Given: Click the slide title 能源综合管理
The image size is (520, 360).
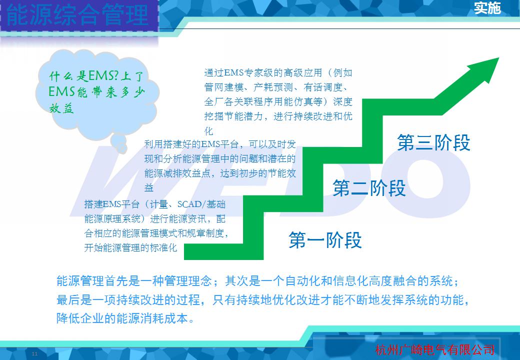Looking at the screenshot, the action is [77, 15].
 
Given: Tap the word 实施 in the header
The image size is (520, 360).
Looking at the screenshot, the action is [487, 8].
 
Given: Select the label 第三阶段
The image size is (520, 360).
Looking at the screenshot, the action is [434, 143].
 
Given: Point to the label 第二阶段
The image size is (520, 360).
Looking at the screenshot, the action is [369, 188].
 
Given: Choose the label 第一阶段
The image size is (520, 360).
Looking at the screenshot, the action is [325, 239].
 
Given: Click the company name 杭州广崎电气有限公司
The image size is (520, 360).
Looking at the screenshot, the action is [435, 350].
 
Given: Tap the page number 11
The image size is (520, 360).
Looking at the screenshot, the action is [34, 354].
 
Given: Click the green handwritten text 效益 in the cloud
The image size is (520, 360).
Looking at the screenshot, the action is [61, 108].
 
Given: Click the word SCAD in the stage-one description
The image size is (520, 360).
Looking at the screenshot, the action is [189, 204].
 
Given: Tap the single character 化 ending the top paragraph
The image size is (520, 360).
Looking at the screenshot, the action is [208, 131].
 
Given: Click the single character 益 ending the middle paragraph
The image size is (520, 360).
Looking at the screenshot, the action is [149, 187].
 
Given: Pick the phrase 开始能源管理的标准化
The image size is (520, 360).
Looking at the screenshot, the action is [130, 247].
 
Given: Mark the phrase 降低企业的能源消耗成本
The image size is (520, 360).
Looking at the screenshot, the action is [122, 318].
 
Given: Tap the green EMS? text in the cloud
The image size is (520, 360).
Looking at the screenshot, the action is [103, 76].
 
